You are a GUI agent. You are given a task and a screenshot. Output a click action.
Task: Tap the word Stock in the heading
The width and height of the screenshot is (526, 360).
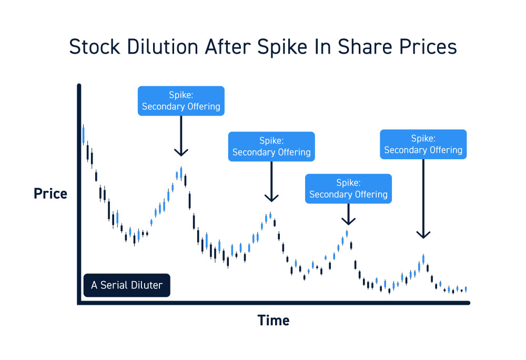[x=94, y=47]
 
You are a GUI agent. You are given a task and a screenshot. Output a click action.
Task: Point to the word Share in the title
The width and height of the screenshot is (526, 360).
[x=365, y=47]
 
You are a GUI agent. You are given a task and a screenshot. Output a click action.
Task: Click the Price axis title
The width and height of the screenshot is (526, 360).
[x=50, y=194]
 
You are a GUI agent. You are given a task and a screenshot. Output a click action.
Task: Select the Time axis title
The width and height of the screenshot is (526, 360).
[x=274, y=321]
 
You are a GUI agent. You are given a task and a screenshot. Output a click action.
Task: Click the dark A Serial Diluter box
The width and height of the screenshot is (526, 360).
[x=127, y=285]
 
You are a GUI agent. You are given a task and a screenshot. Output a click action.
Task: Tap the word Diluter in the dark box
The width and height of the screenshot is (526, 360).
[x=147, y=285]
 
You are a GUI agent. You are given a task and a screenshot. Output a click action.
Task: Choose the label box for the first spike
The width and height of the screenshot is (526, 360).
[x=181, y=101]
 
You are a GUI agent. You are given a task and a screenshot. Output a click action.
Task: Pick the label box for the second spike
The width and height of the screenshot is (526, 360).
[x=271, y=147]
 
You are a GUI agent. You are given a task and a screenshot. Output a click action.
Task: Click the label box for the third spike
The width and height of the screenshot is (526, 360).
[x=348, y=189]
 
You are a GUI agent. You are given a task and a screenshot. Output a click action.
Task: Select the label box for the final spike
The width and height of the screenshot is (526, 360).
[x=423, y=144]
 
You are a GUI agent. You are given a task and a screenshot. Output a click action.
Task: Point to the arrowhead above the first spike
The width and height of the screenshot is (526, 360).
[x=181, y=153]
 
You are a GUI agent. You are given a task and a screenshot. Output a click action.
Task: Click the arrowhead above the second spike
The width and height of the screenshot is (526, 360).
[x=271, y=198]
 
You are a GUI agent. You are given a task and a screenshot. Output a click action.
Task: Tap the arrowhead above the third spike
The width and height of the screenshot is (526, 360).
[x=349, y=221]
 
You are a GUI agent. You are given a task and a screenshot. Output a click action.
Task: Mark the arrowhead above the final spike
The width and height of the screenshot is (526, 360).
[x=423, y=234]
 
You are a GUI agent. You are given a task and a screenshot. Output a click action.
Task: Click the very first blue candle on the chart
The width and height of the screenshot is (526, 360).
[x=83, y=135]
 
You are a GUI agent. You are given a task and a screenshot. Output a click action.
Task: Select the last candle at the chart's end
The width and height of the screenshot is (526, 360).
[x=466, y=289]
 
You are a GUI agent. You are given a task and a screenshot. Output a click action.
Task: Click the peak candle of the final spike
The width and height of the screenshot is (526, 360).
[x=423, y=259]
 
